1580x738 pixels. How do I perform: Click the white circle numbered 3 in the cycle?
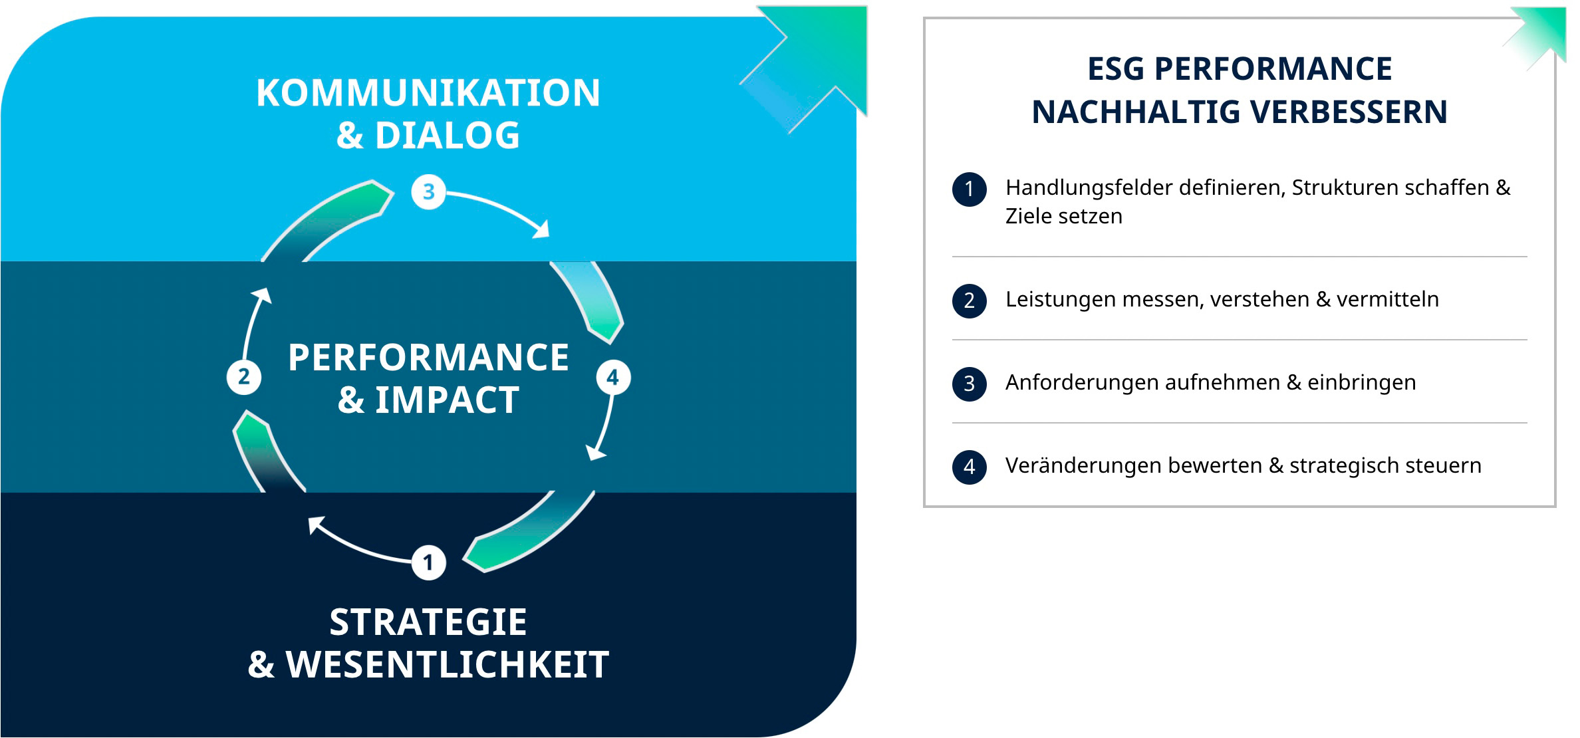point(428,191)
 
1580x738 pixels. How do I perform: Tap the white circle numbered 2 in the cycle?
point(244,377)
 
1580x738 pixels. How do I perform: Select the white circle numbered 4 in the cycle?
point(613,378)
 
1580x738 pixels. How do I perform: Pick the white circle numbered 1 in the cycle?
point(428,562)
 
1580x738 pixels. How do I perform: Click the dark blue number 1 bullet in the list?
point(970,189)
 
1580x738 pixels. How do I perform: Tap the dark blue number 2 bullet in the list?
point(970,301)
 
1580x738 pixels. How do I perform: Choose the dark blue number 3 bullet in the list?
point(970,384)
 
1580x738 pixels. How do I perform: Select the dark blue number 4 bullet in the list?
point(970,467)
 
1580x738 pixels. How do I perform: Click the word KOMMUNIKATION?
point(428,92)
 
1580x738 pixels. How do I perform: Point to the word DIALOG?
point(448,136)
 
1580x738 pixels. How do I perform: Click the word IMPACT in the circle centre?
point(448,400)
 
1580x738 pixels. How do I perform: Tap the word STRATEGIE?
point(428,622)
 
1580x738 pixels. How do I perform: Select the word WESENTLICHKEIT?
point(448,664)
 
